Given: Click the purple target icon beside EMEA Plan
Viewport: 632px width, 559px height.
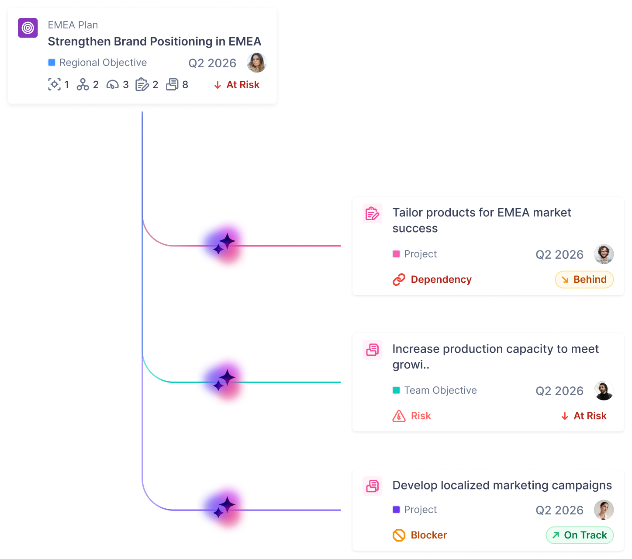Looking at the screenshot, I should click(x=28, y=28).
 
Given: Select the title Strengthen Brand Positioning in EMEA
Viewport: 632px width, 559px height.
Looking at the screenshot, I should click(x=154, y=42).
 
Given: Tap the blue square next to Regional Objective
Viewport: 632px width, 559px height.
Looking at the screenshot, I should click(x=52, y=62).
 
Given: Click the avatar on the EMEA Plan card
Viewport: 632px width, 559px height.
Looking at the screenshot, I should click(x=256, y=63).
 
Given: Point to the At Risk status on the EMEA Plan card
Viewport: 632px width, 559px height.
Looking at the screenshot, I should click(x=237, y=85).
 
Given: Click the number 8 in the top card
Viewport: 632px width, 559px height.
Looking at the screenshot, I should click(x=185, y=85).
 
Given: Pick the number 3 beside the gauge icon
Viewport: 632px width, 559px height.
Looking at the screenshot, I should click(x=126, y=85).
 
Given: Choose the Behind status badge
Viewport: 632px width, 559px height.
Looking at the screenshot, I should click(x=584, y=280).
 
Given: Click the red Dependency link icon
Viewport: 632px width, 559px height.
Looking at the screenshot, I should click(x=399, y=280).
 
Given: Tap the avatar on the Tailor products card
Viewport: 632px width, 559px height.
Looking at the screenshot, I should click(x=604, y=254).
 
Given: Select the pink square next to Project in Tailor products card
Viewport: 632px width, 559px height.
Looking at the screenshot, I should click(x=396, y=254).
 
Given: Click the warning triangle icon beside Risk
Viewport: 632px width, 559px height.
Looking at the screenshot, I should click(x=399, y=416).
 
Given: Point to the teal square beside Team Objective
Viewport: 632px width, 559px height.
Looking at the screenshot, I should click(x=396, y=390).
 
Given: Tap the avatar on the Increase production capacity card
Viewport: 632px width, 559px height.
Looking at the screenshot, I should click(x=604, y=390).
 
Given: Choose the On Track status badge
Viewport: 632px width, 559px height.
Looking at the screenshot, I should click(x=580, y=535).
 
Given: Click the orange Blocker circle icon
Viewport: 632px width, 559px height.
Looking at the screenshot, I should click(x=399, y=535).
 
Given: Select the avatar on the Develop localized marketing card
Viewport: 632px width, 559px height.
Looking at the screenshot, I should click(x=604, y=510).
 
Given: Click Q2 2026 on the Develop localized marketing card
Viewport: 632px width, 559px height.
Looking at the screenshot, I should click(x=559, y=510).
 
